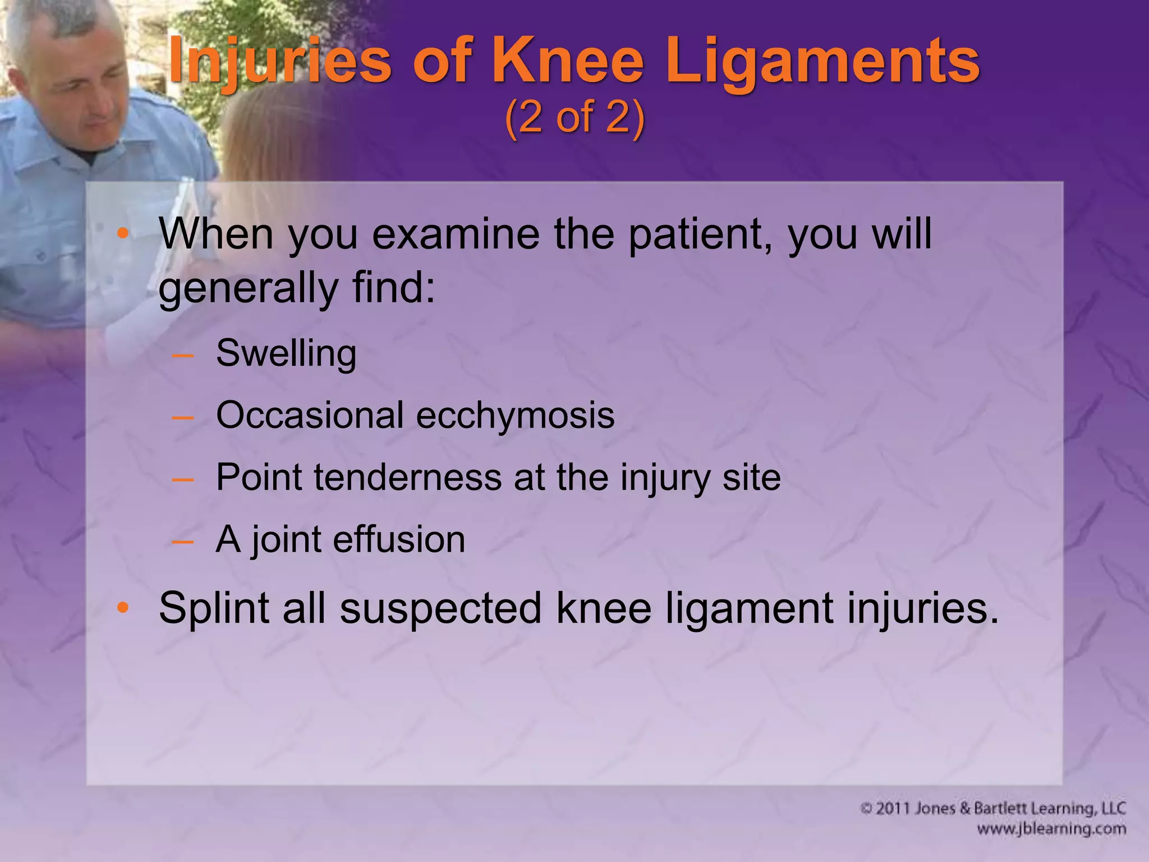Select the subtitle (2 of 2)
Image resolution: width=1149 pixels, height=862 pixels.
[x=574, y=118]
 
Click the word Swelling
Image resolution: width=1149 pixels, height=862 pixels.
[x=286, y=354]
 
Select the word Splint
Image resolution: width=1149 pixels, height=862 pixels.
[x=214, y=608]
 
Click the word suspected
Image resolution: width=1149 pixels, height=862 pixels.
[x=440, y=609]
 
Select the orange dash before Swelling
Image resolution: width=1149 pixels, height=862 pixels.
[x=183, y=355]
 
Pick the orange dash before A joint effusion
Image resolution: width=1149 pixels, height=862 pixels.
[x=183, y=541]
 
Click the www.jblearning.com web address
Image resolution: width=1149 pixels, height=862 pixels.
[x=1051, y=829]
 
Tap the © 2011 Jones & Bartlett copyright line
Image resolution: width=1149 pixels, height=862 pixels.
[x=992, y=808]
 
